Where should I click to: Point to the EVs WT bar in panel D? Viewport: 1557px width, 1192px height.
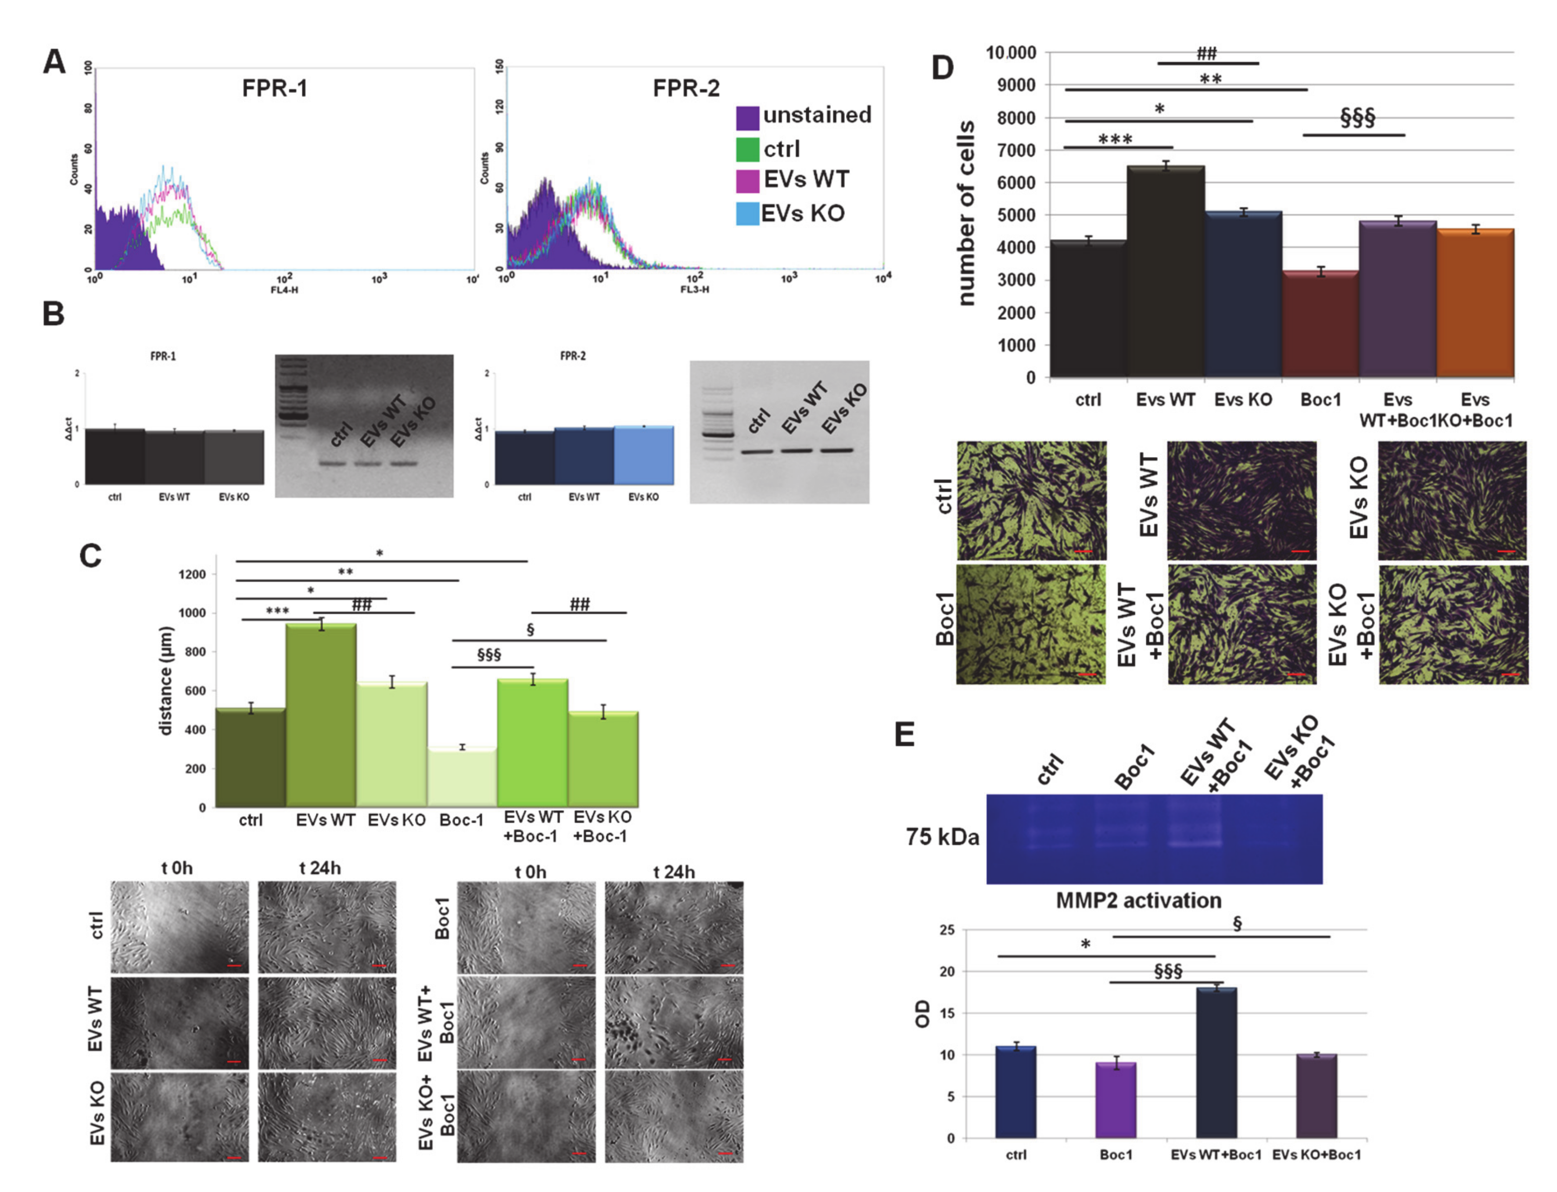[1165, 273]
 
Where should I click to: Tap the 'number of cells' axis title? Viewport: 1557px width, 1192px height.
[966, 213]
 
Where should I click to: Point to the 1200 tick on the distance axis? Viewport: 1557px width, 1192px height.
[192, 574]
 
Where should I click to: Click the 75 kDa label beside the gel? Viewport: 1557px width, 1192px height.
[942, 837]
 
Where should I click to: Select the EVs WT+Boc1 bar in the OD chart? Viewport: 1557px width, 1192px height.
[1216, 1063]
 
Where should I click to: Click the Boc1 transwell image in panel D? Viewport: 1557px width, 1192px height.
[1030, 624]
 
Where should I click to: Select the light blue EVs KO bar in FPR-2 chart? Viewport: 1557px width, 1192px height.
[643, 455]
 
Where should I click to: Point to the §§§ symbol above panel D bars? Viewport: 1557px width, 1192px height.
[1357, 117]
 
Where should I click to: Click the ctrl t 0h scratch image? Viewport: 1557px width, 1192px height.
[179, 927]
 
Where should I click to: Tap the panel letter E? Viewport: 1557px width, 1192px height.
[904, 734]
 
